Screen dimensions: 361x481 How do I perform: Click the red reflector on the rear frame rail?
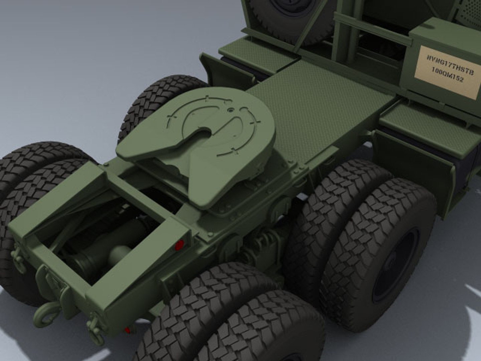click(180, 245)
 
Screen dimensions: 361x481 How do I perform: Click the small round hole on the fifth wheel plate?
click(229, 109)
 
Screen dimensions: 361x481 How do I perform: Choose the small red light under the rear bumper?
click(128, 330)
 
